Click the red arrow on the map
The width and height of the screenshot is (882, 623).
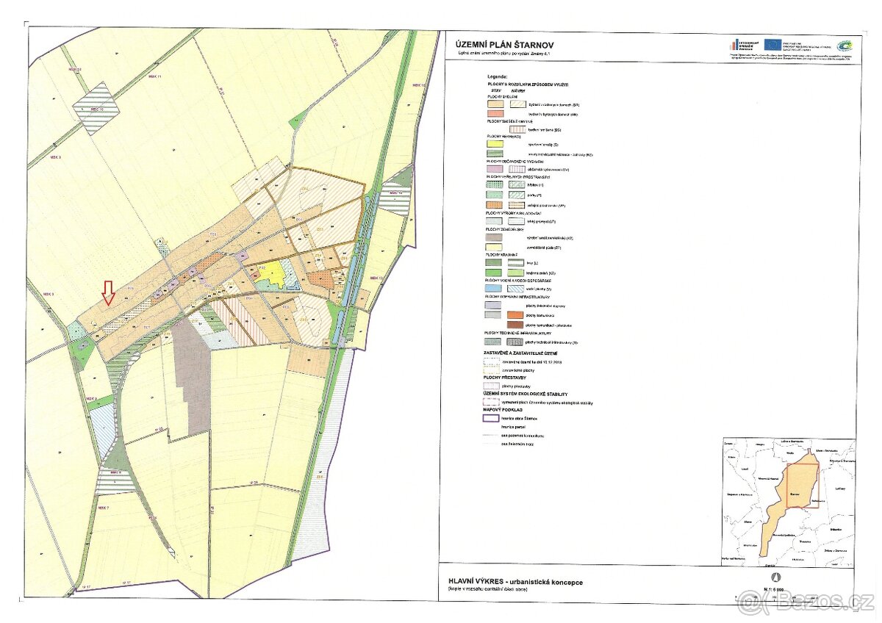pos(108,292)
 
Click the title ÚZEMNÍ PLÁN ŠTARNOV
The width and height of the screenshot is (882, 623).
pos(499,45)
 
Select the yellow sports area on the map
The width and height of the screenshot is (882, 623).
pos(274,273)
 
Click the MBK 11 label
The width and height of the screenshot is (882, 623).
pos(154,76)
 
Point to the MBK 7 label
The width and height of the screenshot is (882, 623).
pos(102,508)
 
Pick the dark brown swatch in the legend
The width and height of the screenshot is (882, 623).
pos(517,325)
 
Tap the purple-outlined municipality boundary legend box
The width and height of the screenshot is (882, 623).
pos(491,418)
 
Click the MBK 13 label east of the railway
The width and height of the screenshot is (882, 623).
pos(377,279)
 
